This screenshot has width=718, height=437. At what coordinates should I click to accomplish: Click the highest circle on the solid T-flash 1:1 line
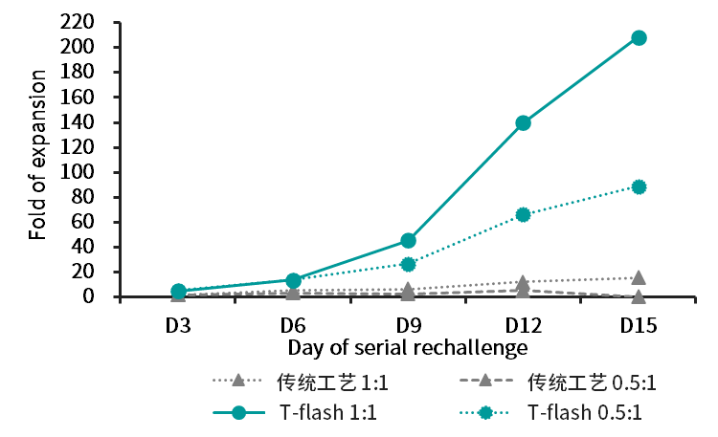[639, 37]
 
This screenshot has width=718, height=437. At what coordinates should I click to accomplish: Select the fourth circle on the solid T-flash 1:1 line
[523, 122]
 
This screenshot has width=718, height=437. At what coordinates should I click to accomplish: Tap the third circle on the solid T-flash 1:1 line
[408, 240]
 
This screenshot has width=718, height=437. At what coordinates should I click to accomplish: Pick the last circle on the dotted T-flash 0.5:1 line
[639, 186]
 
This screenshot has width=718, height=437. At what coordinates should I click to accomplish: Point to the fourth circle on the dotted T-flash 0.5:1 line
[523, 214]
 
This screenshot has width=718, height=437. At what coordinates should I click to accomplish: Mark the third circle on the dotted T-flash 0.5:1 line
[408, 264]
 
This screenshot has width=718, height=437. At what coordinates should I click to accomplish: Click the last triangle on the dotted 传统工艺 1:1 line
[639, 277]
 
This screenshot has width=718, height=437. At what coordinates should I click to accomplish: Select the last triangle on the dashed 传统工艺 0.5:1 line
[639, 296]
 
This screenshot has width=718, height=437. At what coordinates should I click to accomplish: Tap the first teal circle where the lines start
[178, 291]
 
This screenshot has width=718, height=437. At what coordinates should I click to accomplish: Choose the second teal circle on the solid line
[293, 280]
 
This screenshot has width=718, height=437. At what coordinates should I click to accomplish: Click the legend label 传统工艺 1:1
[333, 382]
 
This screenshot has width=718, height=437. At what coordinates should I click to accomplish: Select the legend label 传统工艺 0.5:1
[593, 382]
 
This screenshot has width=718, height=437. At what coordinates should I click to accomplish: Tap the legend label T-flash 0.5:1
[585, 414]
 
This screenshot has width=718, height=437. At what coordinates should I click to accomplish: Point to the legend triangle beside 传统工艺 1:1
[238, 380]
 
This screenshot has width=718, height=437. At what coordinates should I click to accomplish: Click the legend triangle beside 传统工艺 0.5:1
[485, 380]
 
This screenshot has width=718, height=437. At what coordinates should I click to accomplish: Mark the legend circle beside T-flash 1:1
[238, 413]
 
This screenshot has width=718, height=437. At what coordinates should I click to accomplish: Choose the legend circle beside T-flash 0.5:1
[485, 413]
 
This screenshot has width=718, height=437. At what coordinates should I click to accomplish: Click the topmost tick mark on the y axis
[116, 22]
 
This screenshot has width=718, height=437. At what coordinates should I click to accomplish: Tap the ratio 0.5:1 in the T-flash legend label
[615, 414]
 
